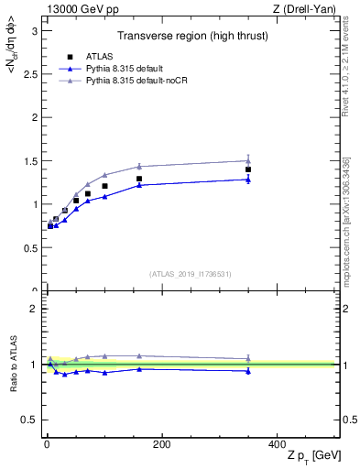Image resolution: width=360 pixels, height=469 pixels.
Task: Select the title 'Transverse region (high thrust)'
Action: (x=191, y=38)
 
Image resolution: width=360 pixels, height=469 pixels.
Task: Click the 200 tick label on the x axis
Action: (x=161, y=444)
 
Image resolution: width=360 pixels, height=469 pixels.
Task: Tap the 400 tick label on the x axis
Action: (x=277, y=444)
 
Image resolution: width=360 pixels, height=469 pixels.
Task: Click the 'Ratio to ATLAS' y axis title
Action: (x=14, y=364)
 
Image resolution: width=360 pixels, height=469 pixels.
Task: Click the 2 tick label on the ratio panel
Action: (x=34, y=309)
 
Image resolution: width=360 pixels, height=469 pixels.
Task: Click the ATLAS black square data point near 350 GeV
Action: (x=248, y=169)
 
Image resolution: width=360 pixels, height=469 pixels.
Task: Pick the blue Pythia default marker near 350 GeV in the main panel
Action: (x=248, y=180)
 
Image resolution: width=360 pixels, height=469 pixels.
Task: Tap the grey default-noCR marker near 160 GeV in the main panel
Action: (x=139, y=166)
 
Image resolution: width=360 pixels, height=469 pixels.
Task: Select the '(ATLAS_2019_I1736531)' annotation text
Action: (x=191, y=274)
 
